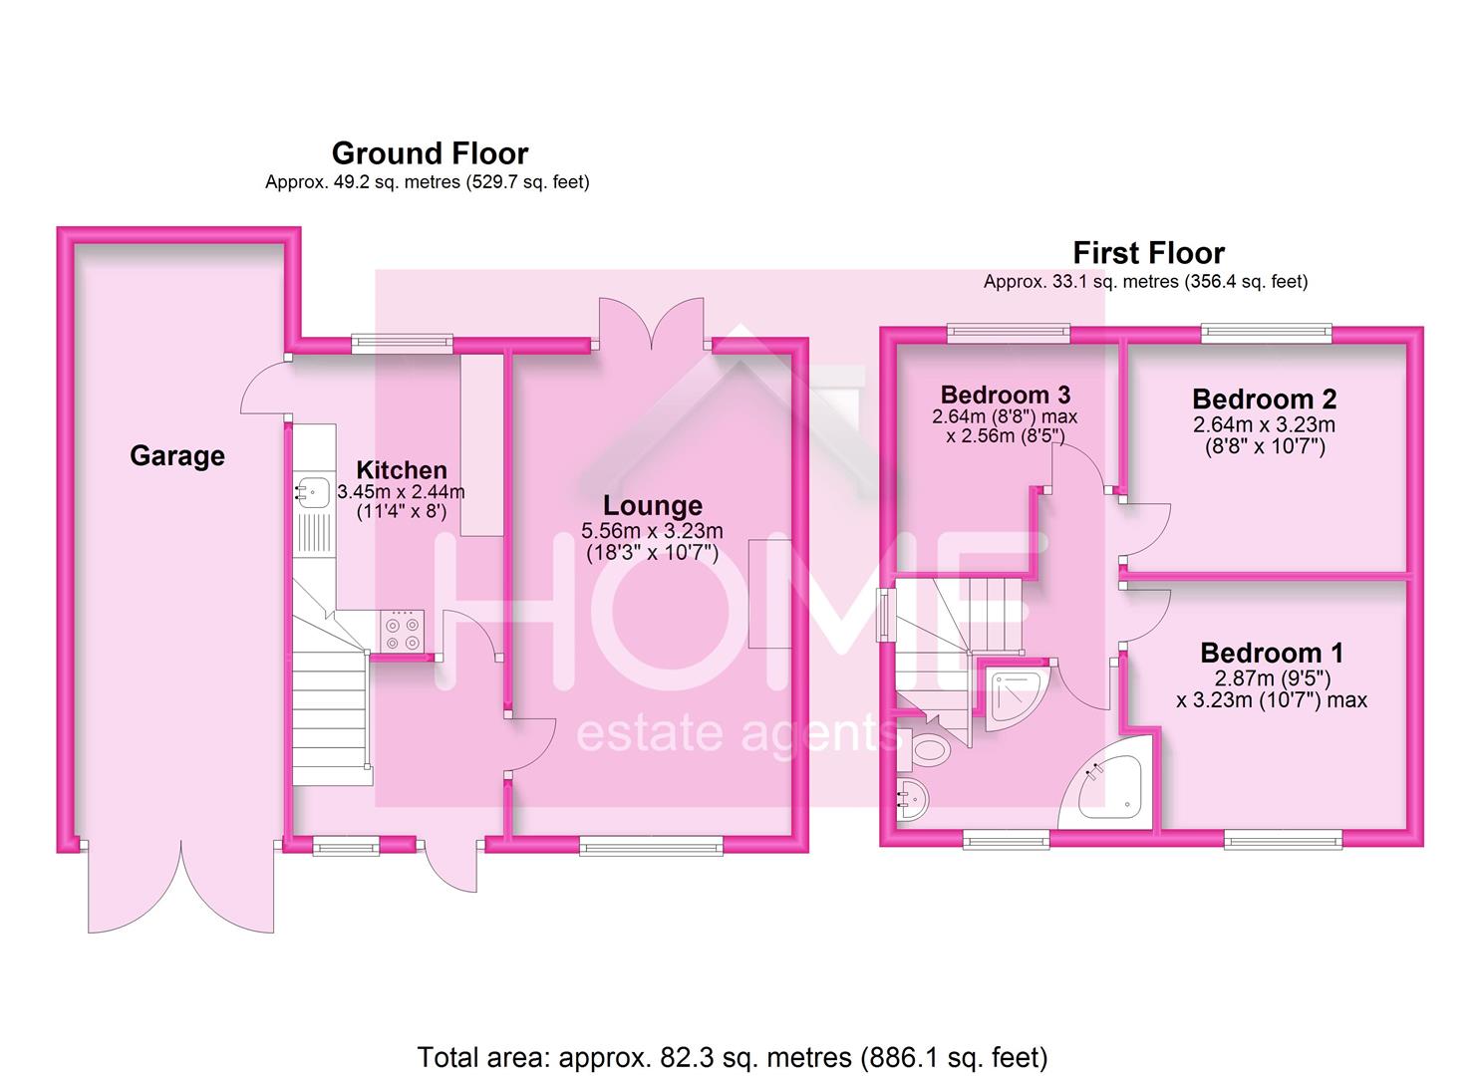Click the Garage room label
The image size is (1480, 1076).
point(177,455)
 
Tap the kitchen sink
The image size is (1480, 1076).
point(312,492)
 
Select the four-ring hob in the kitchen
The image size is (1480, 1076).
point(402,632)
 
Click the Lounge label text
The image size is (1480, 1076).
point(653,506)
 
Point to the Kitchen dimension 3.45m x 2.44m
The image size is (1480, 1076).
point(401,492)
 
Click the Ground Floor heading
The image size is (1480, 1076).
point(430,153)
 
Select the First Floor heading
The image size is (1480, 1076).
point(1148,253)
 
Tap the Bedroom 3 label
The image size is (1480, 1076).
point(1005,395)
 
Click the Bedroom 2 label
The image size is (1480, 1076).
point(1264,399)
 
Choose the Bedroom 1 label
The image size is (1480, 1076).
point(1272,654)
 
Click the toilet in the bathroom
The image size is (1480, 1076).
point(927,749)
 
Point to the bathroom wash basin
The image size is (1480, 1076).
point(913,799)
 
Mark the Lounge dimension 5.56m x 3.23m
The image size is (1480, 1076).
point(652,531)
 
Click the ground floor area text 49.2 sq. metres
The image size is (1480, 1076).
point(427,182)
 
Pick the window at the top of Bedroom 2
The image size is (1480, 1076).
point(1266,333)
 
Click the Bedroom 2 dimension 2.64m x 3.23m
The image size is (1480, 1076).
point(1264,424)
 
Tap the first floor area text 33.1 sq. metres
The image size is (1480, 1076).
point(1146,282)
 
